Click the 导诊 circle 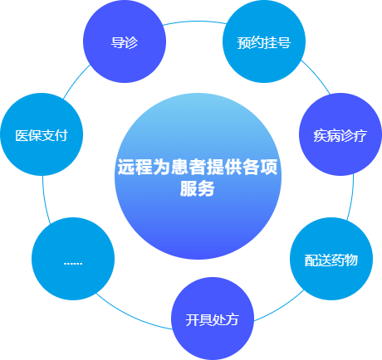tap(125, 41)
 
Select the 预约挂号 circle tap(264, 41)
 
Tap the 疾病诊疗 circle tap(340, 134)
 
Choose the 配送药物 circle tap(331, 259)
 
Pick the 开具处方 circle tap(213, 319)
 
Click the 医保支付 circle tap(42, 134)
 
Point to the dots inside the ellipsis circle tap(73, 264)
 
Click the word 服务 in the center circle tap(197, 188)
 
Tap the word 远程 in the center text tap(135, 167)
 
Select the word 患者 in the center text tap(189, 167)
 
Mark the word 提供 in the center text tap(224, 167)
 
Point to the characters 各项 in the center tap(260, 167)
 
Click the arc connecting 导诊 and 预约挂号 tap(194, 22)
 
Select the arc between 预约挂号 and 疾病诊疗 tap(316, 75)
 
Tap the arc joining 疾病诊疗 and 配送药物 tap(351, 197)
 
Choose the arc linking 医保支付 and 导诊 tap(76, 80)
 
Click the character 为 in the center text tap(161, 167)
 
